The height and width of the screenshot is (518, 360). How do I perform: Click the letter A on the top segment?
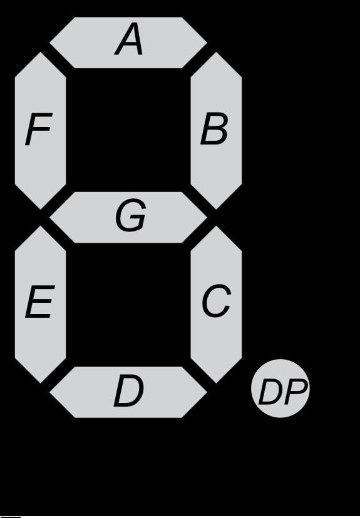click(128, 39)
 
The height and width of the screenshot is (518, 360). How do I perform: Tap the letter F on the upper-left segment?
click(39, 129)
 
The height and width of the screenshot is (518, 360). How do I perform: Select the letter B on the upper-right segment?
click(214, 129)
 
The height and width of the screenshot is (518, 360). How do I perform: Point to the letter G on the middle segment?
click(131, 215)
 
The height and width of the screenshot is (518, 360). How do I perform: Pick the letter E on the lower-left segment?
click(39, 302)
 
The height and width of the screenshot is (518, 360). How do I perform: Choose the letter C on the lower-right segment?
click(216, 301)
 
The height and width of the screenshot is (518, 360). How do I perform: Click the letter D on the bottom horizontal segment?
click(128, 390)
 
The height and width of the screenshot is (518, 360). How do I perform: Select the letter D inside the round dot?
click(270, 392)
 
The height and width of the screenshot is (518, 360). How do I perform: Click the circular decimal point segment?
click(280, 388)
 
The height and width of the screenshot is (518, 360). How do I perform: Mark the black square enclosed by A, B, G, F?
click(128, 130)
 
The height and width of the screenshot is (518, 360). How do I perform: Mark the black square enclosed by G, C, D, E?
click(128, 305)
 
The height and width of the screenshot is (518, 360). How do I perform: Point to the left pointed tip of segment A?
click(49, 43)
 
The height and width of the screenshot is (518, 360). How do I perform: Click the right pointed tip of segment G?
click(207, 217)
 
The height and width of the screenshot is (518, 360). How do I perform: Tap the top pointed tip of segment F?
click(40, 52)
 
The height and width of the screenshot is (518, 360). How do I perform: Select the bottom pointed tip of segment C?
click(216, 383)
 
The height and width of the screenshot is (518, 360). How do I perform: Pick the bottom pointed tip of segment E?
click(40, 383)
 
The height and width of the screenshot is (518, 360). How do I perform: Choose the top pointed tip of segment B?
click(216, 52)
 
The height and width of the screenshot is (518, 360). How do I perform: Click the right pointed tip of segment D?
click(207, 392)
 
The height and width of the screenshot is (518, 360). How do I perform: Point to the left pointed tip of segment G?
click(49, 217)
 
